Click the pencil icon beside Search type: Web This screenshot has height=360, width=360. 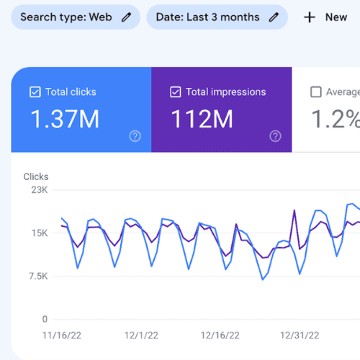[126, 17]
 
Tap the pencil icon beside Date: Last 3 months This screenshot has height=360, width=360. [274, 17]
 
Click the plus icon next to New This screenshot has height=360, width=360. [310, 17]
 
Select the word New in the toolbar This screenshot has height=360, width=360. [336, 17]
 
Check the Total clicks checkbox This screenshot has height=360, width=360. [35, 92]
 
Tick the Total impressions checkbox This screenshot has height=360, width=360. [176, 92]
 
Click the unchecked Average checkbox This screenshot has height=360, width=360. [316, 92]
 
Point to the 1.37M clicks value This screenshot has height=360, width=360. [65, 119]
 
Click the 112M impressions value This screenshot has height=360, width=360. [202, 119]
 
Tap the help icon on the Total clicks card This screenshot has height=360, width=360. [135, 136]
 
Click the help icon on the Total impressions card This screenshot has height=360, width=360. [275, 136]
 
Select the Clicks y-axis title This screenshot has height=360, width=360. [36, 176]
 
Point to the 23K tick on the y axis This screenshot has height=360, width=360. [40, 190]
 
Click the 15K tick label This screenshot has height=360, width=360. [40, 233]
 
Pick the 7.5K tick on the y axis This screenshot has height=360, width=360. [38, 276]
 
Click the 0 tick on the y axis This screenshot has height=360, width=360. [45, 319]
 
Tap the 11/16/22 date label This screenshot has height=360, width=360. [62, 336]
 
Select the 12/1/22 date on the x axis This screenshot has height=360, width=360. [141, 336]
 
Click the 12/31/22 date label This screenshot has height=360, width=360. [300, 336]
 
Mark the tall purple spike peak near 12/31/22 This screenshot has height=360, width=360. [294, 210]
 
